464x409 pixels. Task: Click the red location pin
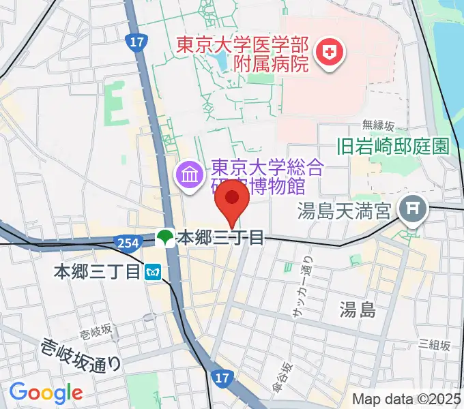(x=232, y=199)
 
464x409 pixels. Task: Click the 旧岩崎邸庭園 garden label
(x=393, y=146)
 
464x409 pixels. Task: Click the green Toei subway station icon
(x=164, y=238)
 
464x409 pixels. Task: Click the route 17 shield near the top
(x=136, y=42)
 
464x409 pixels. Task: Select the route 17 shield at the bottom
(x=219, y=378)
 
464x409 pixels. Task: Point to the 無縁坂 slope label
(x=378, y=125)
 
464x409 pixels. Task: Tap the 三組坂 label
(x=434, y=345)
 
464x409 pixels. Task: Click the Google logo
(x=45, y=392)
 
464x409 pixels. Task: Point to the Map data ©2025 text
(x=407, y=399)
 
